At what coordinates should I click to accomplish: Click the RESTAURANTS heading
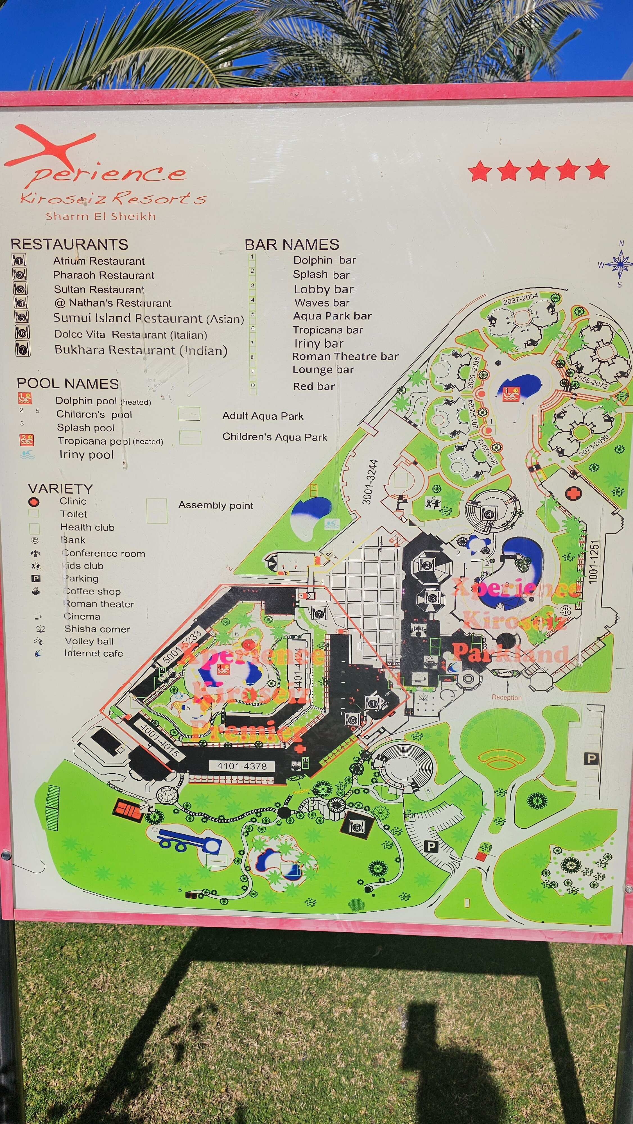pyautogui.click(x=69, y=244)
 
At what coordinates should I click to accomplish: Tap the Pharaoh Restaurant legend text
pyautogui.click(x=103, y=275)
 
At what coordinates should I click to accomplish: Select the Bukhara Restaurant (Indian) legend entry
pyautogui.click(x=141, y=350)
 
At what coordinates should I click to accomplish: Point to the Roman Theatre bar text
pyautogui.click(x=345, y=357)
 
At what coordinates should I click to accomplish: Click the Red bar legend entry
pyautogui.click(x=314, y=387)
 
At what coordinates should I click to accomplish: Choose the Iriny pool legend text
pyautogui.click(x=87, y=455)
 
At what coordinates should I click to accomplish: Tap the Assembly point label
pyautogui.click(x=216, y=505)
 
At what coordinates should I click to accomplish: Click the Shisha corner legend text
pyautogui.click(x=97, y=629)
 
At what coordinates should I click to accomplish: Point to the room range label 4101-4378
pyautogui.click(x=242, y=766)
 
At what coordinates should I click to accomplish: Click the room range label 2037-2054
pyautogui.click(x=520, y=299)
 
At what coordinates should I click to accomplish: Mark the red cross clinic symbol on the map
pyautogui.click(x=573, y=493)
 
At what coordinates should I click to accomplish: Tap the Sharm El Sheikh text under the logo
pyautogui.click(x=100, y=216)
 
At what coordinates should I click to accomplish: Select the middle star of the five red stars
pyautogui.click(x=538, y=170)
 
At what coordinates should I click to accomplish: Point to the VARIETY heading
pyautogui.click(x=60, y=488)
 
